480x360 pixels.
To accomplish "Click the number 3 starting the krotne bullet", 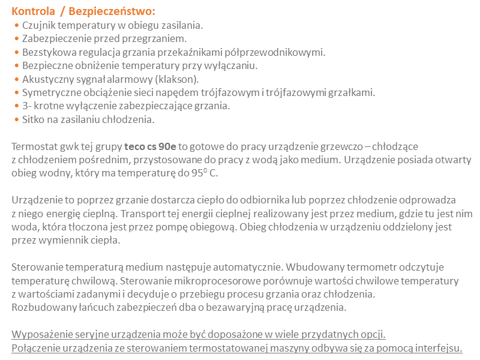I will tap(25, 106).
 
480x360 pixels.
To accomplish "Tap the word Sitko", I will tap(34, 119).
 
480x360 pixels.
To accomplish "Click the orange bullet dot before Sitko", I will tap(16, 119).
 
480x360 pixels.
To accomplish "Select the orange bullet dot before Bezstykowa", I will tap(16, 52).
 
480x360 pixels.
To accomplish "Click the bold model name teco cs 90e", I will tap(150, 146).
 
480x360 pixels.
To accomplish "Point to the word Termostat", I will tap(35, 146).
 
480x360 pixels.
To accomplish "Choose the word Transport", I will tap(144, 214).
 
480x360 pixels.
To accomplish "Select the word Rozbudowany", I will tap(40, 308).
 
